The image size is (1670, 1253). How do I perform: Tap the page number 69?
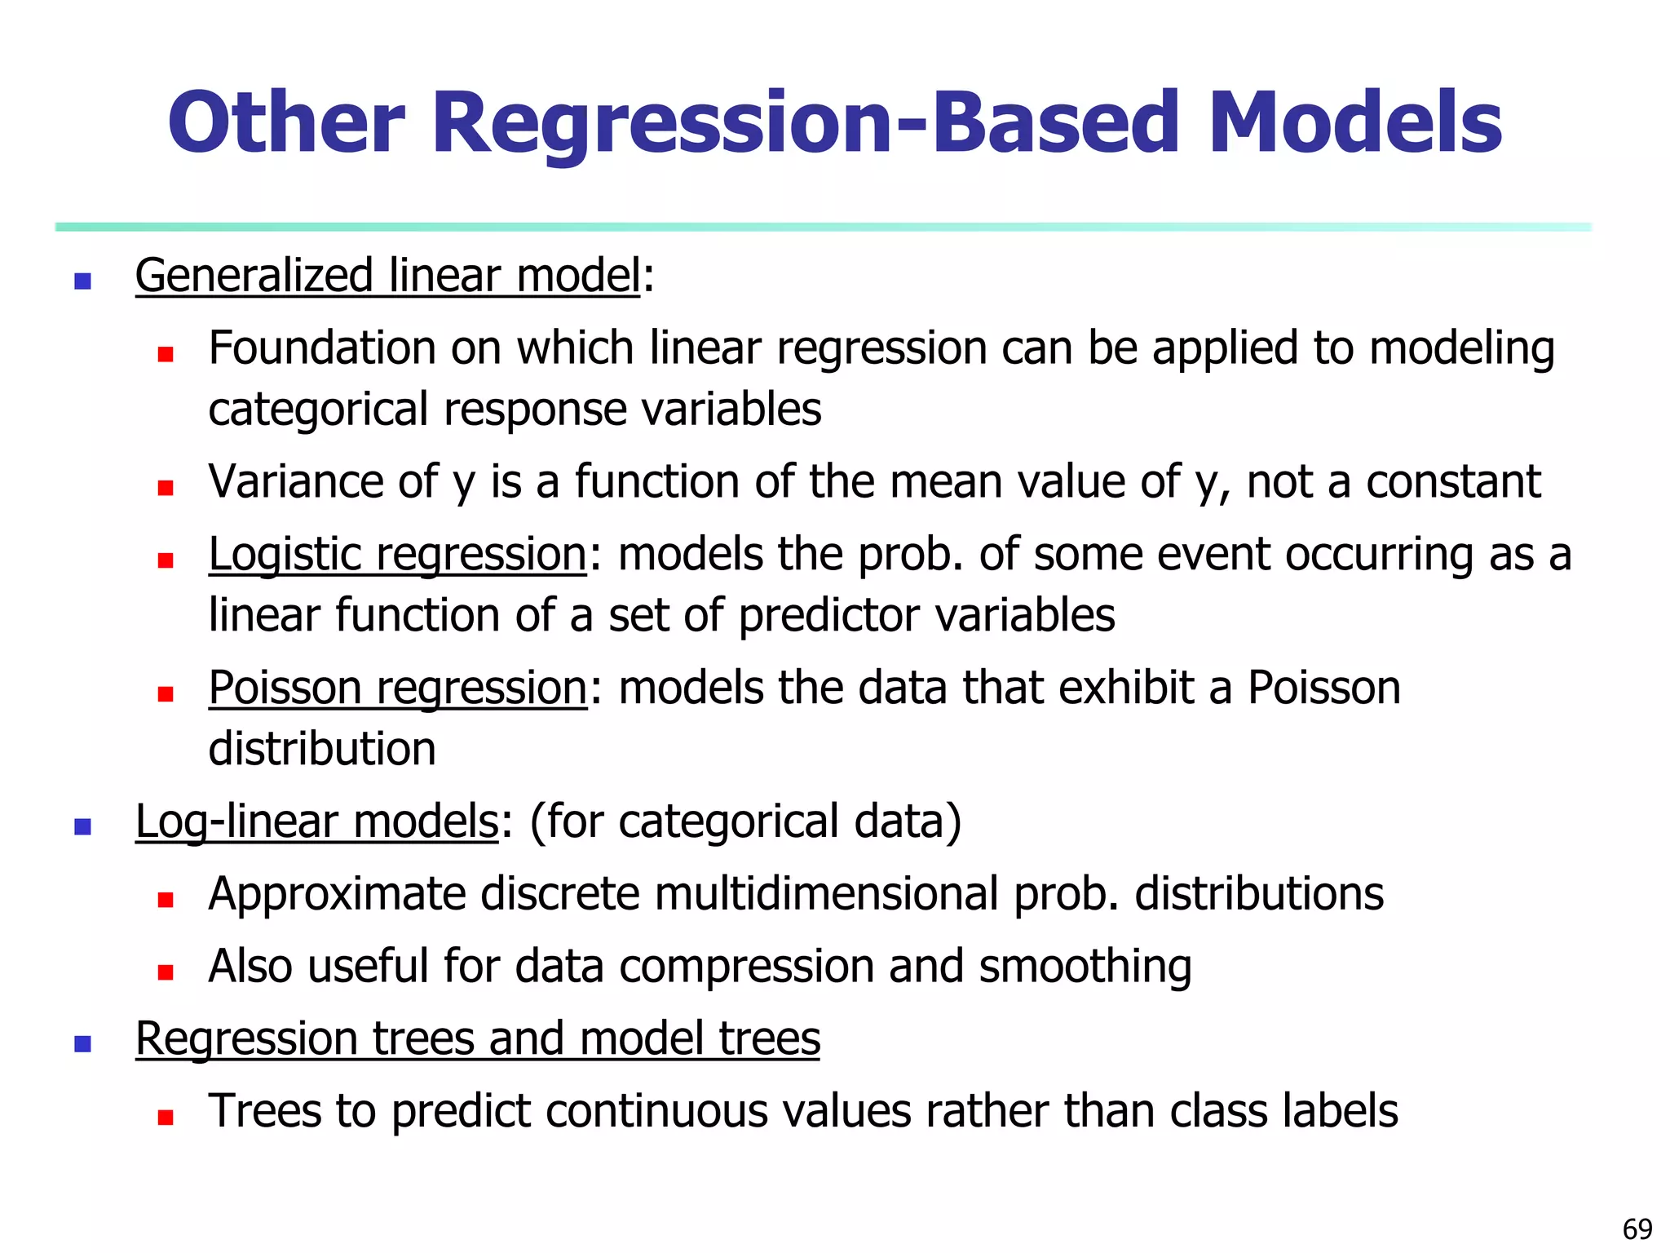[1637, 1229]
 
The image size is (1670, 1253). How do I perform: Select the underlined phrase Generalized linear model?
[388, 276]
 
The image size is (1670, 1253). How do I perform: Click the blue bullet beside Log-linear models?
[82, 827]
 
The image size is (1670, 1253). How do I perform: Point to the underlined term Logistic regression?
[397, 555]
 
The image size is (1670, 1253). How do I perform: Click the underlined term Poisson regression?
[397, 688]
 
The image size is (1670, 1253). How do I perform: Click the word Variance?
[294, 481]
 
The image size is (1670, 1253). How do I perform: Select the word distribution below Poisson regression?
[322, 749]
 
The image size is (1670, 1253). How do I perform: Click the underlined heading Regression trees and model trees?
[478, 1039]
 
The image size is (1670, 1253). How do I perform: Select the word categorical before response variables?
[318, 410]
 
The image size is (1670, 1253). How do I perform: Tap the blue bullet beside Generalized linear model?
[82, 281]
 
